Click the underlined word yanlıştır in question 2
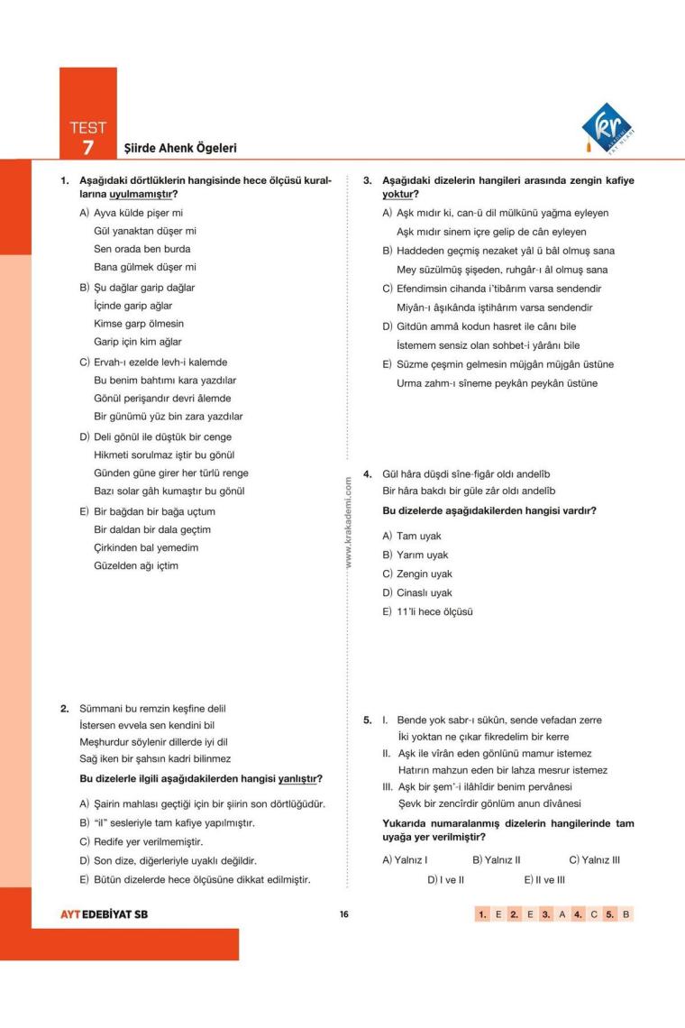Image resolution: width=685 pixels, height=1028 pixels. click(x=301, y=778)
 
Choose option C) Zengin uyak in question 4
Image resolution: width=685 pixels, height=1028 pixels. click(x=418, y=574)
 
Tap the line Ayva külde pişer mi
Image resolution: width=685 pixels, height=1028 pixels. click(x=132, y=213)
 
